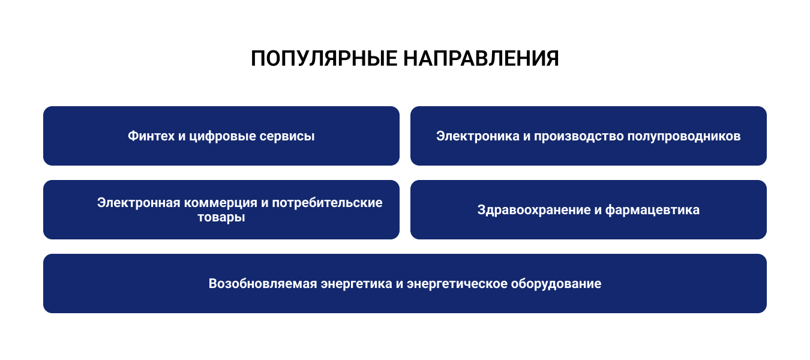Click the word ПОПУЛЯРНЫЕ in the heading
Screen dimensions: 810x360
point(324,59)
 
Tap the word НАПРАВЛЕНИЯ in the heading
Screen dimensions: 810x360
point(481,59)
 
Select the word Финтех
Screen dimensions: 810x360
point(151,136)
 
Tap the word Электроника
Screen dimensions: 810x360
point(478,136)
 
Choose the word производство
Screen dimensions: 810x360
point(579,137)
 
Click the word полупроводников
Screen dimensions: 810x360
point(684,137)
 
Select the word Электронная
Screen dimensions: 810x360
point(139,203)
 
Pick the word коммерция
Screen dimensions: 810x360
point(221,203)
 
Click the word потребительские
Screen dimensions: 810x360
point(327,203)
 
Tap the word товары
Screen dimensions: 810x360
point(221,218)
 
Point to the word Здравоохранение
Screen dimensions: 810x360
point(534,210)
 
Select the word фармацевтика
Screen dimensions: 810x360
point(652,211)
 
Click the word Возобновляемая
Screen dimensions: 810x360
point(263,284)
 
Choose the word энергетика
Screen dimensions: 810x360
point(356,284)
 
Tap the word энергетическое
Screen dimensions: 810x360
point(457,284)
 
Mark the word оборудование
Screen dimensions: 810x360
point(556,284)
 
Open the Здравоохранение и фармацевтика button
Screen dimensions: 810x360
point(589,209)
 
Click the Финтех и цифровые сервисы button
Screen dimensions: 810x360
point(221,136)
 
